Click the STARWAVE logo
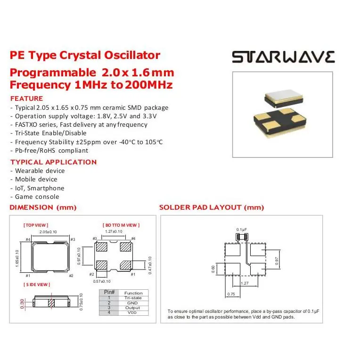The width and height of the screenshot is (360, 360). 283,57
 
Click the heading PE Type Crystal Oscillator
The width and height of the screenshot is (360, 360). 85,55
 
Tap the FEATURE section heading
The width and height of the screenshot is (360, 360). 26,98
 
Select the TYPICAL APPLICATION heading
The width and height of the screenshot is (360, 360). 53,162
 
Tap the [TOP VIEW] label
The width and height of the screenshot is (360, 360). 36,225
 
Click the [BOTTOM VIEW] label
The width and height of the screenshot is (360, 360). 121,225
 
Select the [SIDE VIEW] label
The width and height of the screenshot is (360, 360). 37,284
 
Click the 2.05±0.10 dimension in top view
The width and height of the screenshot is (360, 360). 48,232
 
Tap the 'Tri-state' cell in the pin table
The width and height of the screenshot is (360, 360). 133,298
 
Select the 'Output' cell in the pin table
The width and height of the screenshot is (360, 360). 133,308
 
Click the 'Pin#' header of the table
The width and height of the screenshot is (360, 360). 109,293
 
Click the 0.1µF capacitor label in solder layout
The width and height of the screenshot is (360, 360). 242,229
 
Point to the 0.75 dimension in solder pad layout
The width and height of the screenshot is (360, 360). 231,294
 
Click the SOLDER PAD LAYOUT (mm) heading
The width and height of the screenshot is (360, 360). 212,207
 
